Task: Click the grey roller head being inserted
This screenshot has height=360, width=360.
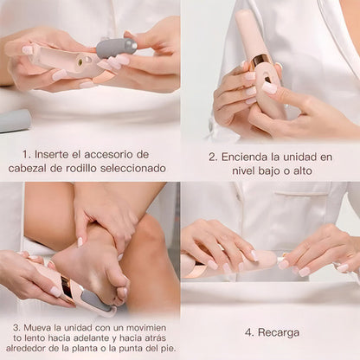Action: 116,47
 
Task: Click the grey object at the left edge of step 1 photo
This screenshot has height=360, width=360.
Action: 13,120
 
